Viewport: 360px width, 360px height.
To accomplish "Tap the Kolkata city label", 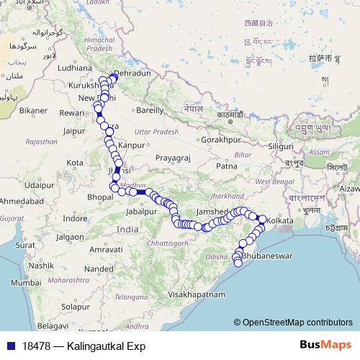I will point(280,220).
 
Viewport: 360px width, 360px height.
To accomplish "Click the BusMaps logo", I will point(321,346).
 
